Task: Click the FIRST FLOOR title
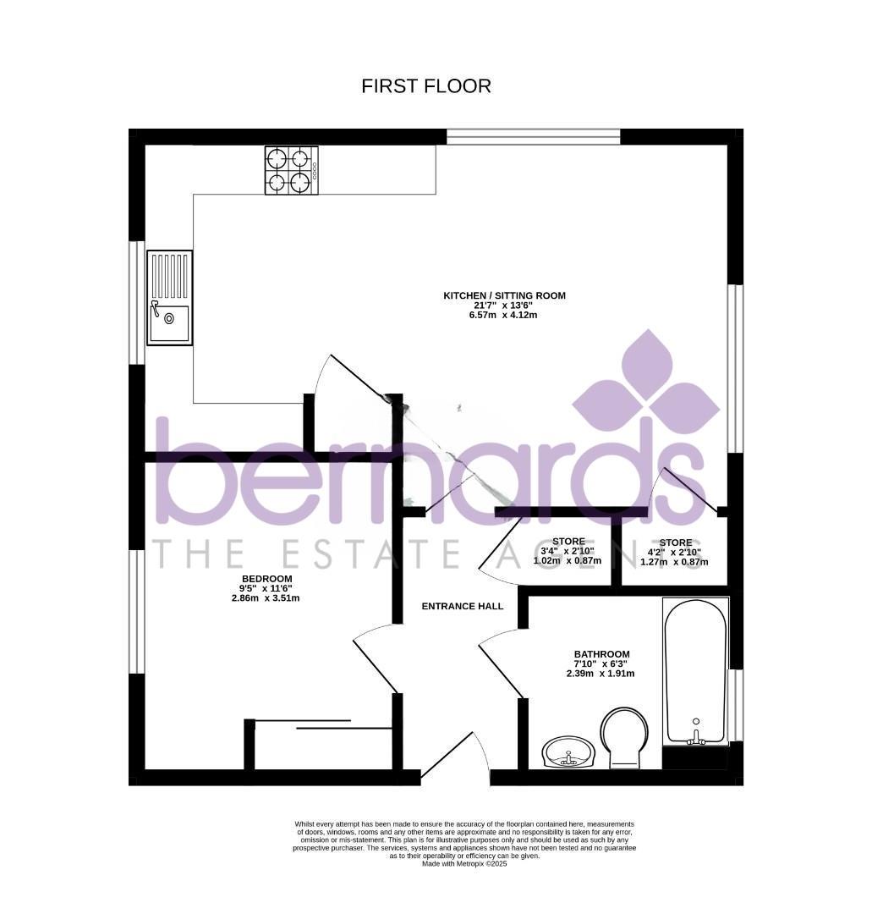(425, 86)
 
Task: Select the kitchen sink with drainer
(169, 297)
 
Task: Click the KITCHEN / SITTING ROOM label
(504, 295)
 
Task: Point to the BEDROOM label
(266, 579)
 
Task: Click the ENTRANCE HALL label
(462, 606)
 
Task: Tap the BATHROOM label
(601, 654)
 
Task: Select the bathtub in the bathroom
(695, 670)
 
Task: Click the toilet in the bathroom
(623, 737)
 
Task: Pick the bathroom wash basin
(568, 751)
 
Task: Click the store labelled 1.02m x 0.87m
(568, 551)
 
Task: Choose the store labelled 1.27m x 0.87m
(675, 552)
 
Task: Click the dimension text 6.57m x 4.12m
(503, 315)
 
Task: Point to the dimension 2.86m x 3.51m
(266, 598)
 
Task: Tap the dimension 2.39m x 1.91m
(601, 674)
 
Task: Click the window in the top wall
(533, 136)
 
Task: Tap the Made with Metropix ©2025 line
(464, 863)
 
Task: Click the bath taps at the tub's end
(695, 738)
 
